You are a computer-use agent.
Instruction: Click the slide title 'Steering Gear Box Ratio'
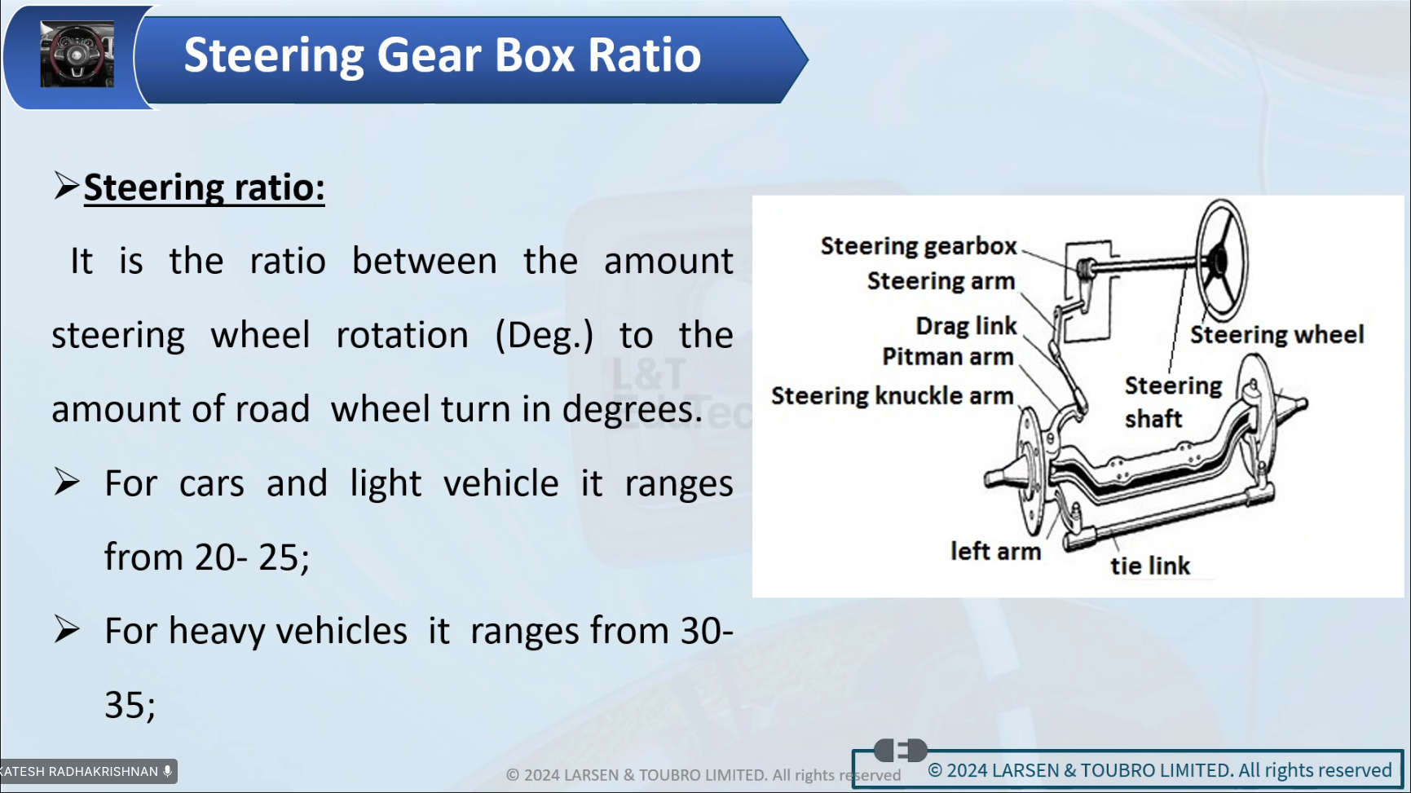[x=442, y=55]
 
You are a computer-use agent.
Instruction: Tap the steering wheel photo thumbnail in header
[x=77, y=55]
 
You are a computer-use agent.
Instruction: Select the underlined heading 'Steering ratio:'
[x=205, y=188]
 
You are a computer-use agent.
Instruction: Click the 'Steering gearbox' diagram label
[x=919, y=246]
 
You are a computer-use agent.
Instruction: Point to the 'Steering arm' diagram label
[x=941, y=281]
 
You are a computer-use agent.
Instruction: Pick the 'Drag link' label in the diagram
[x=966, y=326]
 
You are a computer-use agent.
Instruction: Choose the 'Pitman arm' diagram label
[x=947, y=357]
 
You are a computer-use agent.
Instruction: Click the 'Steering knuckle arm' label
[x=892, y=396]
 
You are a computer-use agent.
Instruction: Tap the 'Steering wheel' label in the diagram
[x=1277, y=335]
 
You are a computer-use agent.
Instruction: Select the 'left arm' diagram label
[x=995, y=552]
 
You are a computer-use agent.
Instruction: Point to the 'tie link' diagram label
[x=1150, y=566]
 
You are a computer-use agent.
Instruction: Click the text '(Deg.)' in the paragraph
[x=544, y=336]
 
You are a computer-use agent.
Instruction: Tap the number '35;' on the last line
[x=130, y=706]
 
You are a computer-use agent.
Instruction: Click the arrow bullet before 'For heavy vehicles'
[x=67, y=630]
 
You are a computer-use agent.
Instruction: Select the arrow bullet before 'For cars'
[x=67, y=482]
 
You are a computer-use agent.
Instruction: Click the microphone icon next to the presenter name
[x=167, y=771]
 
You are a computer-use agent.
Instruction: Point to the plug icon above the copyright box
[x=900, y=750]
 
